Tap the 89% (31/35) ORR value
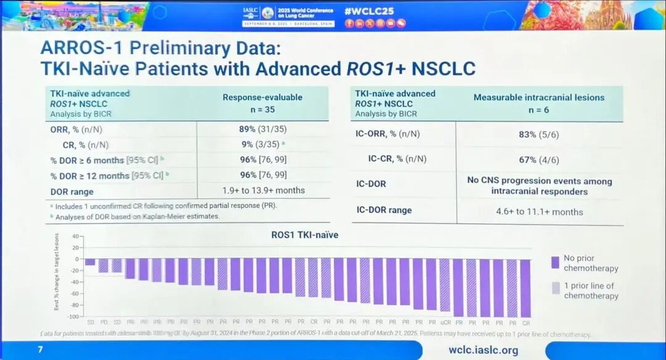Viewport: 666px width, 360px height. [x=263, y=129]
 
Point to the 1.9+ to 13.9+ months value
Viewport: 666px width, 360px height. [x=263, y=190]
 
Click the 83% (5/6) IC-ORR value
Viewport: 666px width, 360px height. [x=538, y=134]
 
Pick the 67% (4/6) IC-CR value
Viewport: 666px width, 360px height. [x=538, y=158]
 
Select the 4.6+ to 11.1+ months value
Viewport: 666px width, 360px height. [x=538, y=211]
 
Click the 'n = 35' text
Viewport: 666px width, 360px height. [x=262, y=109]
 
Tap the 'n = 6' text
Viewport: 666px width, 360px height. [x=538, y=109]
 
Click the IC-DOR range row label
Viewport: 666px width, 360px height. [x=384, y=210]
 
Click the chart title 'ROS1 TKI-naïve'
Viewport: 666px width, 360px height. [x=305, y=234]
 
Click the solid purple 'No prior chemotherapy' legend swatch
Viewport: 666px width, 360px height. [x=555, y=263]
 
